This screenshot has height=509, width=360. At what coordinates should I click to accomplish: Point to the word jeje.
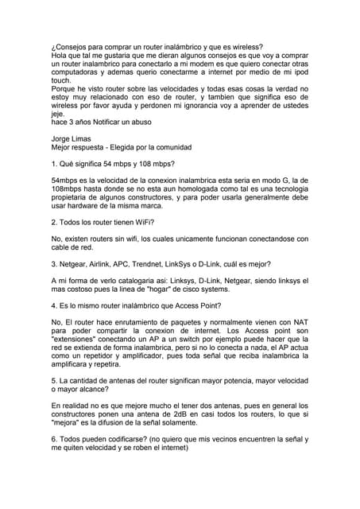(x=56, y=114)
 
